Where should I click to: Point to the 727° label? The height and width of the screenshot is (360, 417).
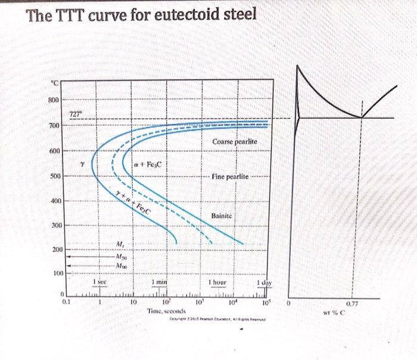tap(76, 114)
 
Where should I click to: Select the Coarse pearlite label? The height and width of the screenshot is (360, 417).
tap(234, 142)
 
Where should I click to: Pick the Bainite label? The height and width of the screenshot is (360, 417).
tap(222, 215)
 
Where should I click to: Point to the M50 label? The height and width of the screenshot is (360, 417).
tap(123, 256)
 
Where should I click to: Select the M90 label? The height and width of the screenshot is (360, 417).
tap(123, 266)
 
